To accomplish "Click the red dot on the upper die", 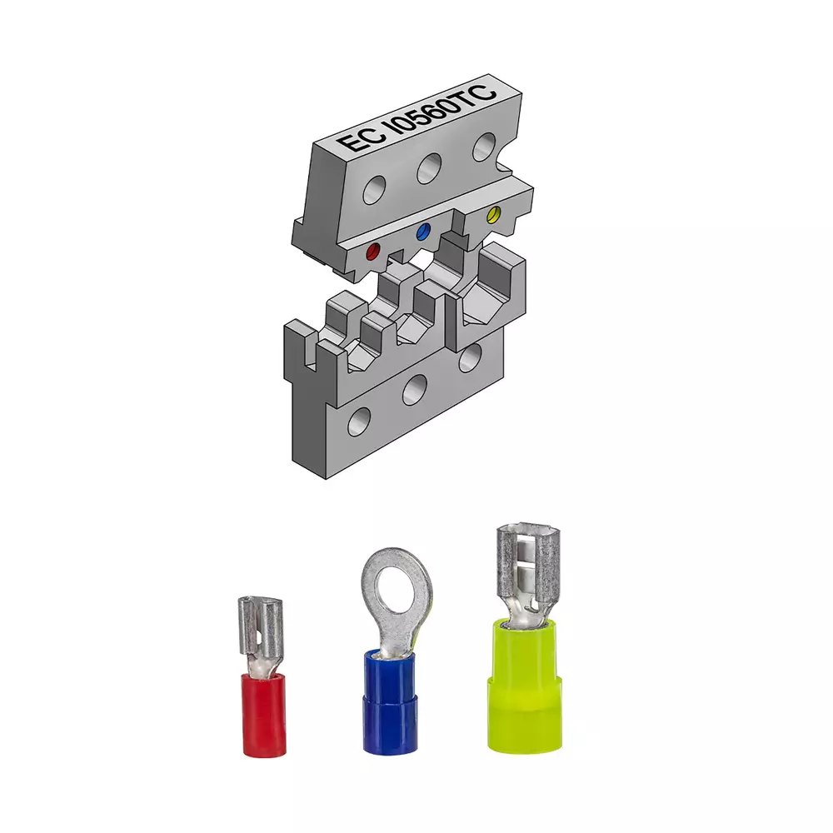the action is (375, 252).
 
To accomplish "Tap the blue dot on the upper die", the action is (424, 231).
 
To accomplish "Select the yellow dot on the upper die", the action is (494, 215).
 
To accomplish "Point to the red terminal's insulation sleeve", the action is (263, 714).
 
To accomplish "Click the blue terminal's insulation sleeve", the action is (389, 701).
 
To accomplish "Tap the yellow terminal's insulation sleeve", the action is (524, 686).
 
